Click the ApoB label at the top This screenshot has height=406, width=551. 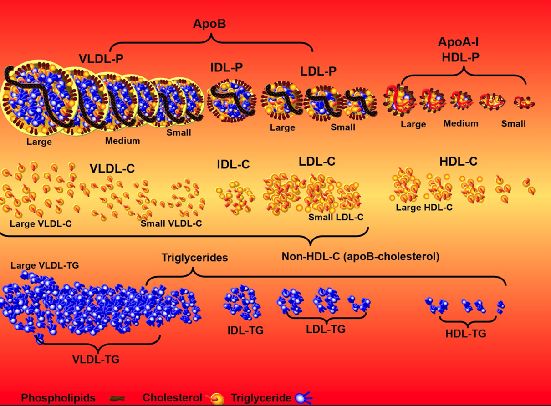(x=210, y=24)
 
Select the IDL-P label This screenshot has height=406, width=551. (x=226, y=68)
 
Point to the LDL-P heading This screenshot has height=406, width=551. (x=318, y=71)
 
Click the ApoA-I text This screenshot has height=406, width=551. (x=458, y=43)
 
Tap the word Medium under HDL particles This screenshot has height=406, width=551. (x=461, y=123)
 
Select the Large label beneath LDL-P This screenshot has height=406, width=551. (x=282, y=128)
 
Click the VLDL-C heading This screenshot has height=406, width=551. (x=112, y=168)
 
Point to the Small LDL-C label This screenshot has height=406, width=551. (x=336, y=217)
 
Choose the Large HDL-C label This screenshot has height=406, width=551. (x=424, y=208)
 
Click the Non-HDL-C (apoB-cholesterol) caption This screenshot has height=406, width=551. (x=360, y=257)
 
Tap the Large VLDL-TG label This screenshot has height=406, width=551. (x=45, y=265)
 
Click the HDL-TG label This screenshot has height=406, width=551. (x=466, y=334)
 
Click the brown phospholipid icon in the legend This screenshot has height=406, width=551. (x=117, y=398)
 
